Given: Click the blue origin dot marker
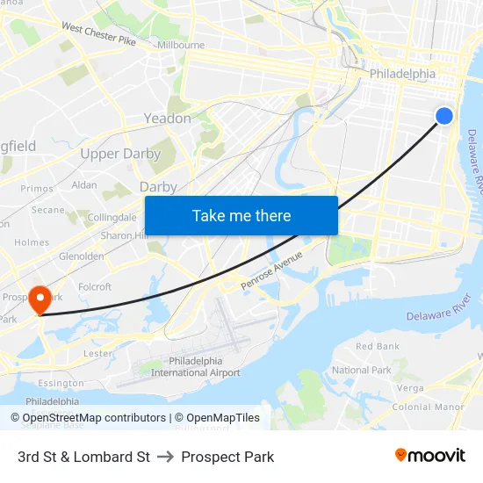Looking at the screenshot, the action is [x=444, y=115].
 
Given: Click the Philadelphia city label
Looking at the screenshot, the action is [x=402, y=75].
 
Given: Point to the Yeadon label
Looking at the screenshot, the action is [x=167, y=118].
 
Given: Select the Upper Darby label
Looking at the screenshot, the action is [x=120, y=154].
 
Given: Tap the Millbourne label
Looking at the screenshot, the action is [x=181, y=45].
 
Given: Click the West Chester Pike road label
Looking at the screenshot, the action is [x=98, y=35].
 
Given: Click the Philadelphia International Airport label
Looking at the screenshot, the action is [x=195, y=367].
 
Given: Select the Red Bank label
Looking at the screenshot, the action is [x=378, y=347].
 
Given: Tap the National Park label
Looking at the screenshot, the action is [x=362, y=370].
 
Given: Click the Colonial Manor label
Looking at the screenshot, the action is [x=428, y=407].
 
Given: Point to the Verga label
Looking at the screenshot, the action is [x=410, y=387].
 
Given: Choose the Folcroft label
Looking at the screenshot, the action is [x=95, y=286].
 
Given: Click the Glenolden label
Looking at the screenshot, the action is [x=81, y=256].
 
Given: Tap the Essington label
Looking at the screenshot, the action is [x=61, y=383].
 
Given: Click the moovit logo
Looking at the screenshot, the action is [x=430, y=456].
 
